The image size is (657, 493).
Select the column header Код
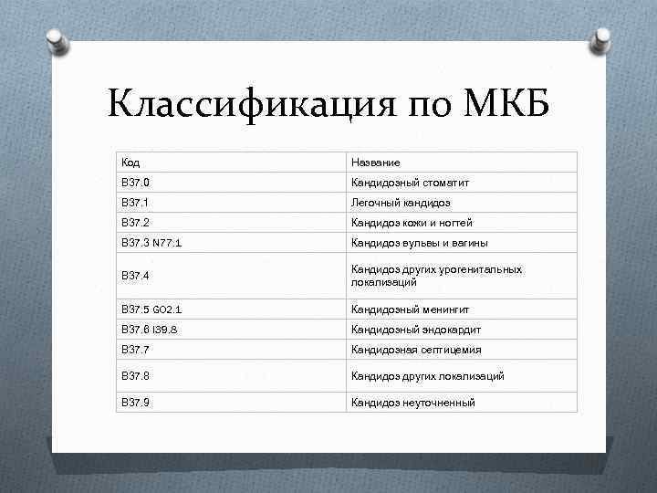click(130, 163)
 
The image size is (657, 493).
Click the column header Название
click(375, 163)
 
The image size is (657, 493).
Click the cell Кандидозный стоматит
click(411, 183)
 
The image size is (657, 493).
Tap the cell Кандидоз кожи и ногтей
click(412, 223)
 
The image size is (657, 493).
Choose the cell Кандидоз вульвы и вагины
click(420, 243)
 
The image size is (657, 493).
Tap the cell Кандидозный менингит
click(412, 309)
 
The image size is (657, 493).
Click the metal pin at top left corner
click(56, 39)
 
